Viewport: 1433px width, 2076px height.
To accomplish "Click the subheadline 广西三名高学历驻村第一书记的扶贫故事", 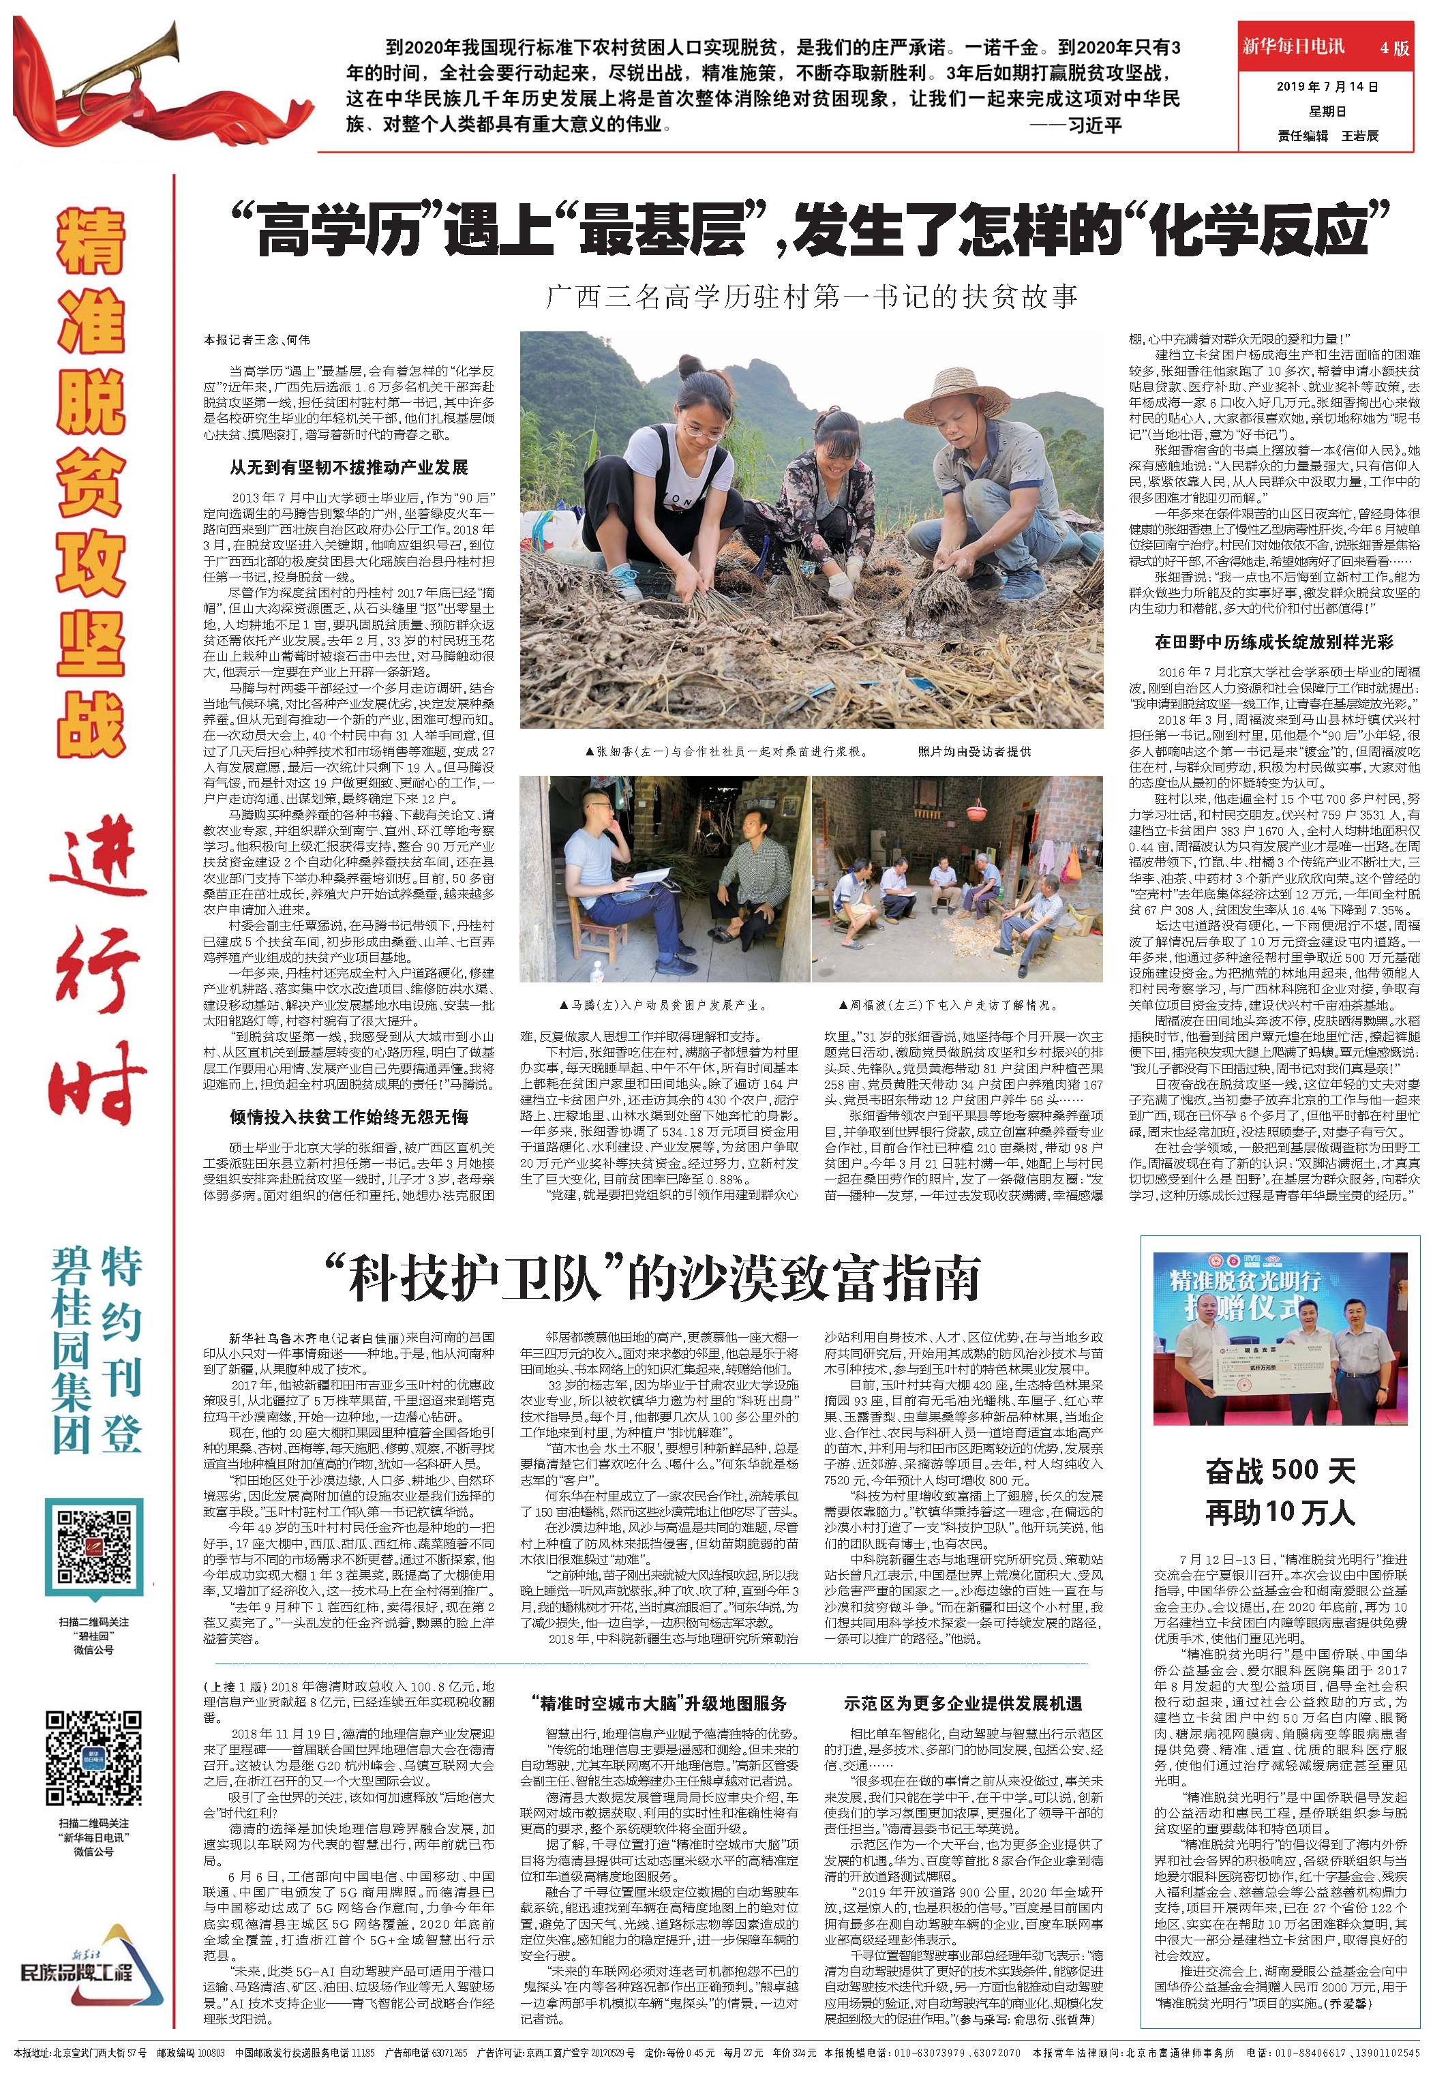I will [x=812, y=297].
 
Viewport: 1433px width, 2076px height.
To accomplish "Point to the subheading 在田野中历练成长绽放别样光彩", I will [x=1274, y=642].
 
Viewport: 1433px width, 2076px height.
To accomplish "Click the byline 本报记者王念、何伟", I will [x=257, y=340].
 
